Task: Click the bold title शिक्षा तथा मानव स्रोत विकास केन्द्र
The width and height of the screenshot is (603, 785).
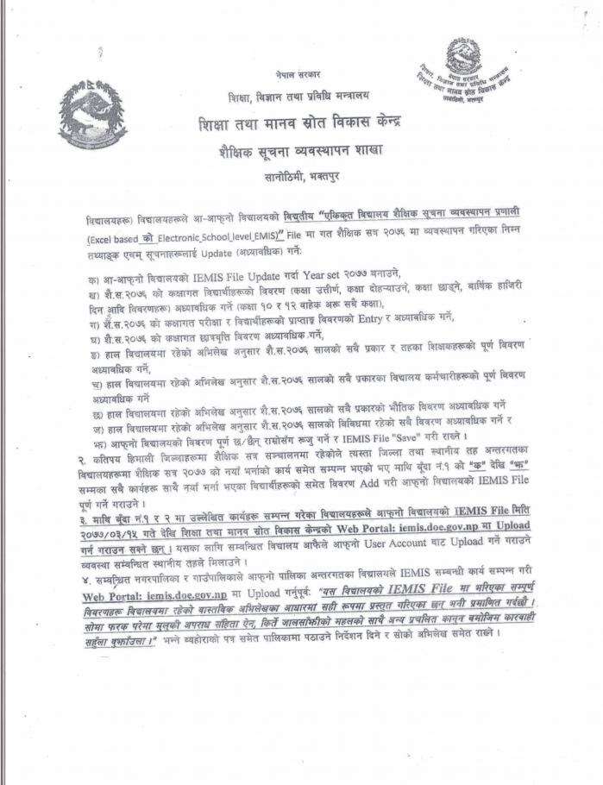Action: [300, 122]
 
